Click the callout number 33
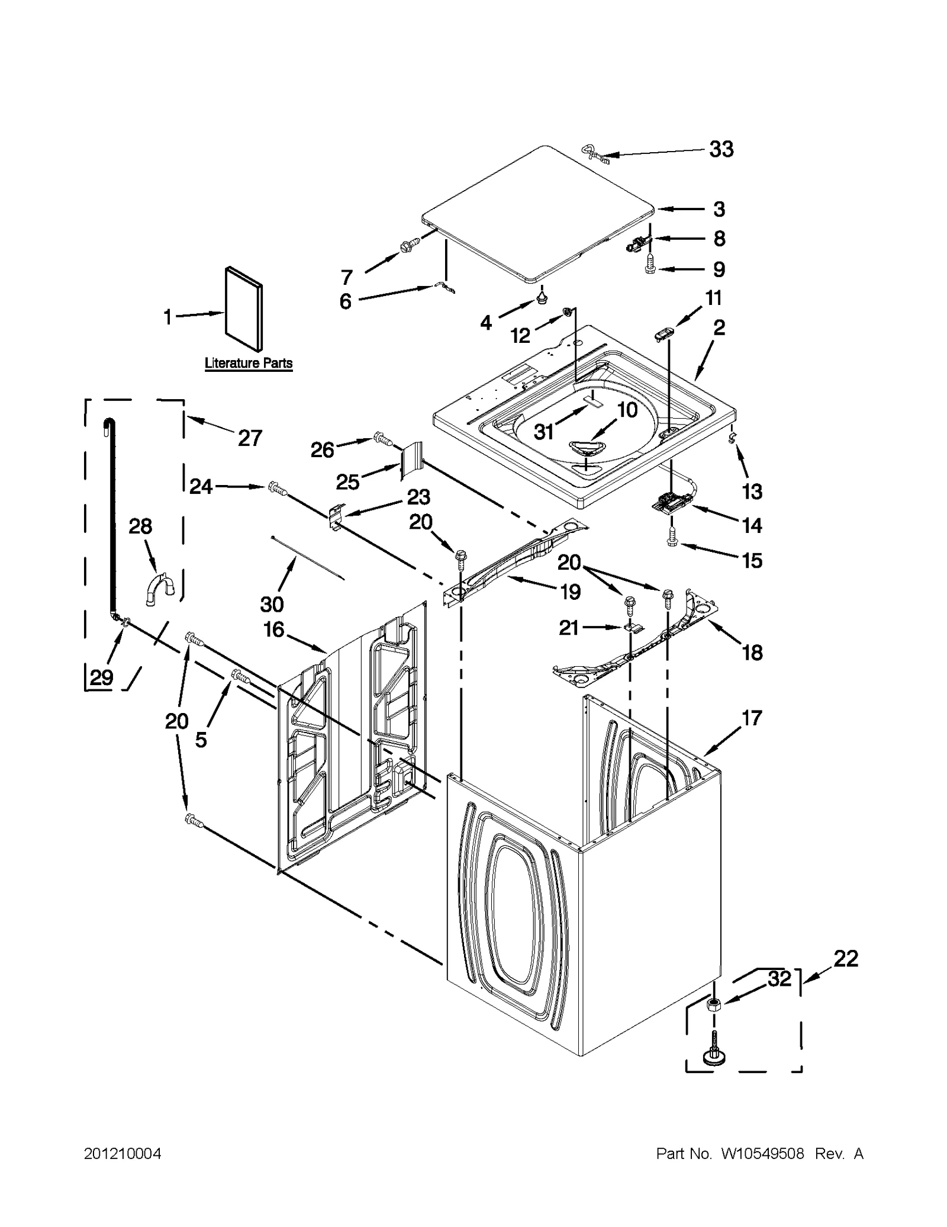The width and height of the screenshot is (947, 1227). pyautogui.click(x=721, y=149)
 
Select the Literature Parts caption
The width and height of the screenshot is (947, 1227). pyautogui.click(x=249, y=362)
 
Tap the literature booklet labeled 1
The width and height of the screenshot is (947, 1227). pyautogui.click(x=243, y=309)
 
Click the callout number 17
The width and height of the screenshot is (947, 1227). pyautogui.click(x=752, y=718)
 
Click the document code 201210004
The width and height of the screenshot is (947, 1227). pyautogui.click(x=123, y=1154)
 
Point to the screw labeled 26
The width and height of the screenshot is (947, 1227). pyautogui.click(x=384, y=439)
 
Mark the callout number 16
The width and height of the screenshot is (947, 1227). pyautogui.click(x=274, y=629)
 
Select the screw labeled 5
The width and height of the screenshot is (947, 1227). pyautogui.click(x=240, y=674)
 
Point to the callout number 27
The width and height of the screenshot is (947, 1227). pyautogui.click(x=250, y=438)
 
